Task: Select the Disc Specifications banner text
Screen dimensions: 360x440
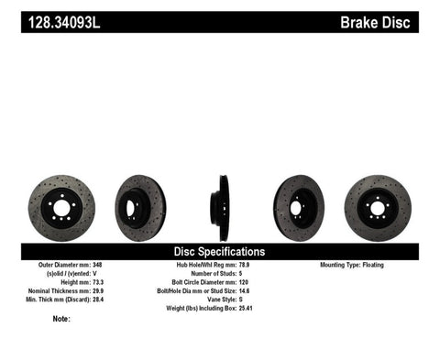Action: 220,250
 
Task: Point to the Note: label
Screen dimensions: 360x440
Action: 61,320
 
